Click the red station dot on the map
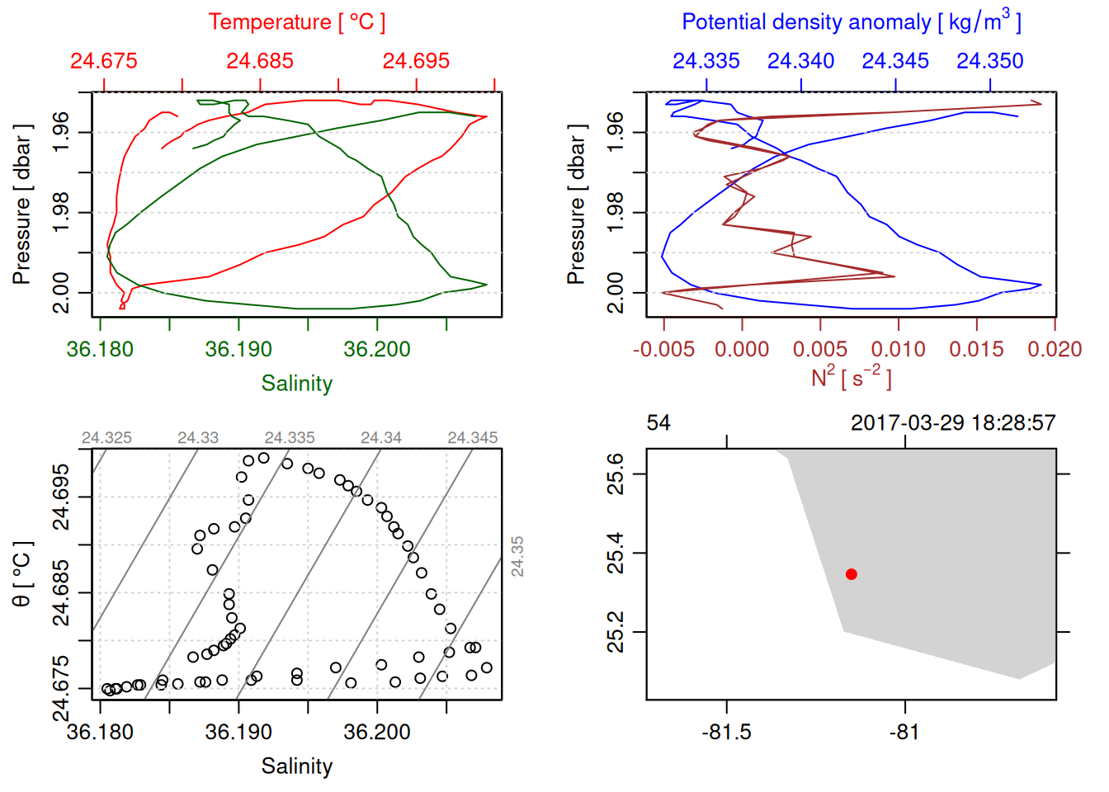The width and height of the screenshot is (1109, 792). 852,574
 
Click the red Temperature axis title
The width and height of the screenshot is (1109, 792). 296,22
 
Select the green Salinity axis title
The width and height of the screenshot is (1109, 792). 296,384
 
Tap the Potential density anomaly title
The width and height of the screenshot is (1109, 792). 851,22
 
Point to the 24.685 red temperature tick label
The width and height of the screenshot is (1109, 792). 260,61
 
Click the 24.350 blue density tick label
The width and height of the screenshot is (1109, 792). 989,61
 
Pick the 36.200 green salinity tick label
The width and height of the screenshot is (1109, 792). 377,350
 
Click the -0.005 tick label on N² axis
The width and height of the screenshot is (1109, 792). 663,350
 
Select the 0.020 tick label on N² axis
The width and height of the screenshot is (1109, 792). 1054,350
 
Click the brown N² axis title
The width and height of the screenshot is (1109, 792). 851,377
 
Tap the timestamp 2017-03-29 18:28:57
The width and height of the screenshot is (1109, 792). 953,423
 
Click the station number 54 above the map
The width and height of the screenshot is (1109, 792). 658,423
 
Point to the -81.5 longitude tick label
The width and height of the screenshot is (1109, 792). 726,733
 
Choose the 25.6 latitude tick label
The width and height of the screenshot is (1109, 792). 616,474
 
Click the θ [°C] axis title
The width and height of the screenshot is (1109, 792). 22,574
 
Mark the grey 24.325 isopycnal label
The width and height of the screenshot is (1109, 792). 106,438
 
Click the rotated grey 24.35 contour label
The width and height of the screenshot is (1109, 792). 517,556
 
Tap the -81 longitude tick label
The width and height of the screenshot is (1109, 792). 904,733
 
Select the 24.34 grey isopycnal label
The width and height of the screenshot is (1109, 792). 381,438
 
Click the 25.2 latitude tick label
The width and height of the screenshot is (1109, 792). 616,632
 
